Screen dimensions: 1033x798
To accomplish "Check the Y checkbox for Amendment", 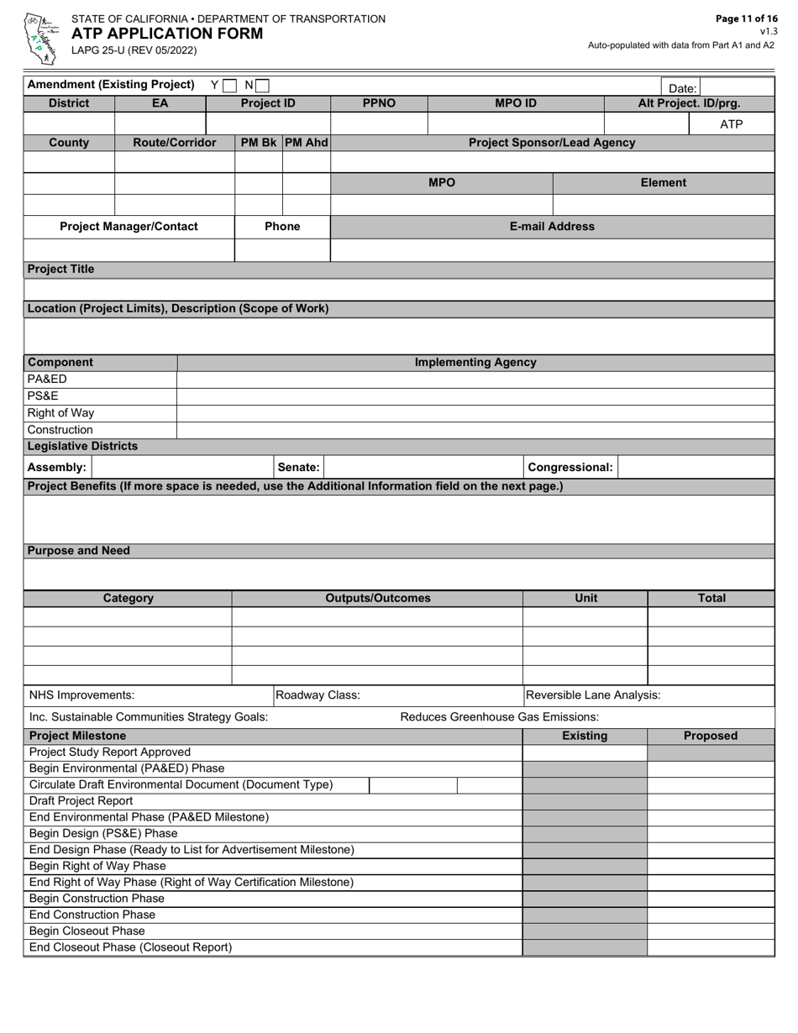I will [230, 85].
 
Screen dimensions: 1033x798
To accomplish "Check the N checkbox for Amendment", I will [263, 85].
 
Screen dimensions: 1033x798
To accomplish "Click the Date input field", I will [736, 87].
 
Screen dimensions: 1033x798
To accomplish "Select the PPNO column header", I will [379, 104].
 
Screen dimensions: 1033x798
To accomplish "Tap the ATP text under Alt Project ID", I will [731, 124].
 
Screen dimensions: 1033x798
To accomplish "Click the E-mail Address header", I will [552, 227].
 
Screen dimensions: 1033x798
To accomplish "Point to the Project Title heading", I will [61, 270].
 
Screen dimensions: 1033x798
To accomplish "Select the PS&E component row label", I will [44, 396].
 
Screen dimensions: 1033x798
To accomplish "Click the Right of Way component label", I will [60, 413].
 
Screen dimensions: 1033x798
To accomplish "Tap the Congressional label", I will [570, 467].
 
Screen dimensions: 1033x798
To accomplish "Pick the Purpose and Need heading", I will [79, 551].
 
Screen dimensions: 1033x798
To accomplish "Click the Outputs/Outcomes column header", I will [377, 599].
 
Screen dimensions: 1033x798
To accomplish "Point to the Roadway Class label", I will [318, 695].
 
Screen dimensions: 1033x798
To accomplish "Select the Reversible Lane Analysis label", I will [593, 695].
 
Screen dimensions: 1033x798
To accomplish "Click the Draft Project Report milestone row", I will [81, 801].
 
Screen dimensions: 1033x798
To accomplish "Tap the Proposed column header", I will [710, 736].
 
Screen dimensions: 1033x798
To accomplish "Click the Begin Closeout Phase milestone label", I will [87, 931].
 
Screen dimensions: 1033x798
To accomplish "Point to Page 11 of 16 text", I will [746, 18].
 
